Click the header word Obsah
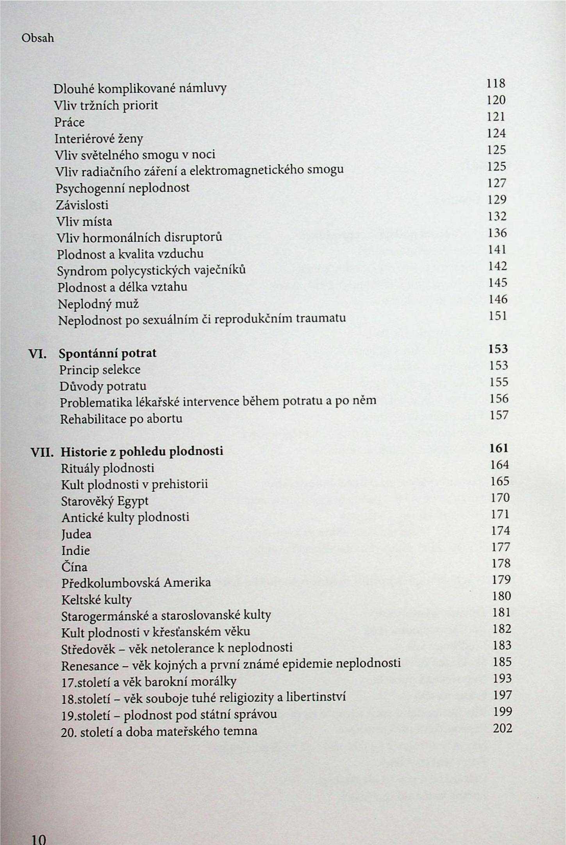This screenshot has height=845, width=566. tap(38, 38)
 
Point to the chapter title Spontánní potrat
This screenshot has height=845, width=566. tap(107, 353)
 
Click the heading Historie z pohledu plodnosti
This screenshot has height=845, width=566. tap(142, 451)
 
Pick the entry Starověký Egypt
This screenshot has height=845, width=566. tap(105, 501)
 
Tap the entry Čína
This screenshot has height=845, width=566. tap(74, 567)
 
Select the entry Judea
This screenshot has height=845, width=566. tap(76, 534)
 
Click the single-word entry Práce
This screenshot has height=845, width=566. tap(70, 122)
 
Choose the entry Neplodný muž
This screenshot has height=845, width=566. tap(98, 304)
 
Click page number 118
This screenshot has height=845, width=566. tap(496, 84)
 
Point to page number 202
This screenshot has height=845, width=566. tap(502, 728)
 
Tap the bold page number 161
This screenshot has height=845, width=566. tap(499, 448)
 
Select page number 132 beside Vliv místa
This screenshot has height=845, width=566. tap(497, 216)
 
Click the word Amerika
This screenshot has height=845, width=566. tap(187, 583)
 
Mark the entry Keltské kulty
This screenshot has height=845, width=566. tap(96, 600)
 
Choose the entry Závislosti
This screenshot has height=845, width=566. tap(82, 205)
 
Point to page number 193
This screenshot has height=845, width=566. tap(502, 679)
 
